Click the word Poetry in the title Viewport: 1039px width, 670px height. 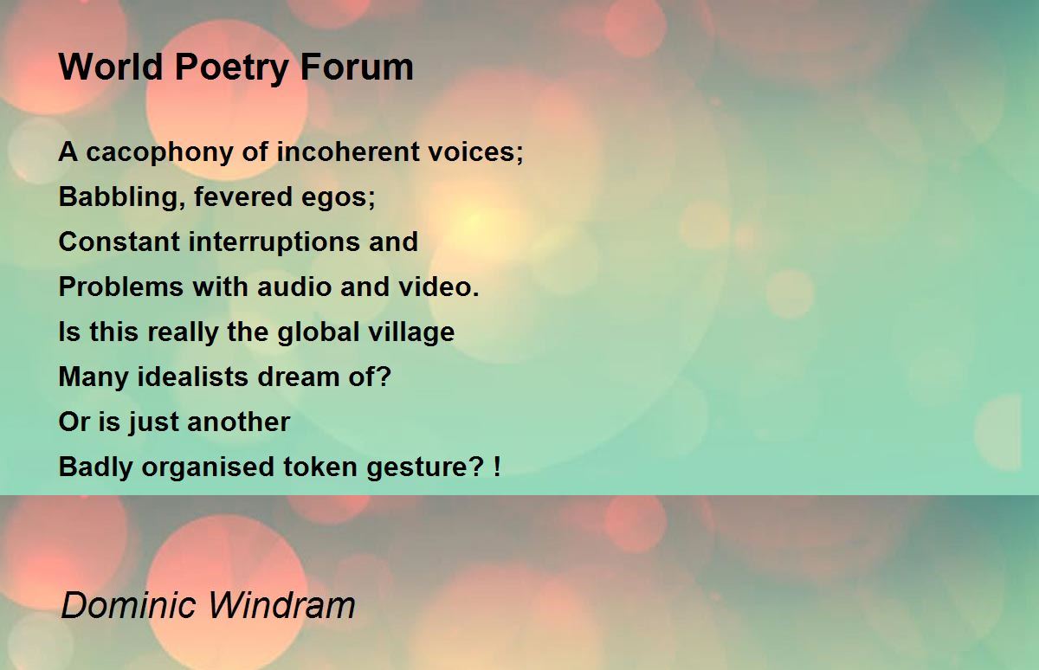[231, 68]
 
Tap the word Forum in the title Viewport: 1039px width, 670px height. [357, 68]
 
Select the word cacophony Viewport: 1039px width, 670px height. [159, 153]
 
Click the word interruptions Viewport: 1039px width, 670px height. [274, 243]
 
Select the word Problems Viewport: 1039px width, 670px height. [121, 287]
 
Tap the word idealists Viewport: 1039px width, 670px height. [193, 377]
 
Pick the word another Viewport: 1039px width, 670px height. [238, 422]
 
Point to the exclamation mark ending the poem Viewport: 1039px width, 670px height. [497, 467]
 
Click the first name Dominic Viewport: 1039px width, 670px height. [128, 605]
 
